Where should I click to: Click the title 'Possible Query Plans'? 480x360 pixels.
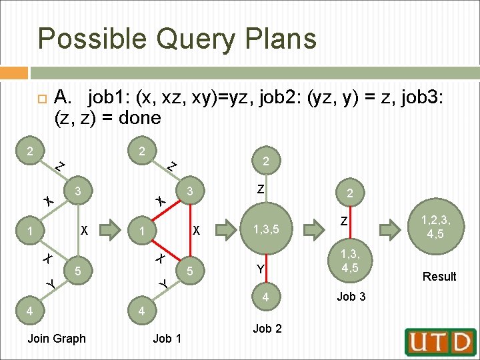point(177,38)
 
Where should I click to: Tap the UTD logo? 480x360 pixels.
point(441,342)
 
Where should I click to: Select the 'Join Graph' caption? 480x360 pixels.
point(57,339)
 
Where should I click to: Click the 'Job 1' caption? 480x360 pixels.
point(167,339)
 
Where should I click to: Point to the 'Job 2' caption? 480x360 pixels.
point(267,328)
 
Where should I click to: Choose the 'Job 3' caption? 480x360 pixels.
point(351,297)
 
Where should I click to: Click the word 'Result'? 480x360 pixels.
point(439,276)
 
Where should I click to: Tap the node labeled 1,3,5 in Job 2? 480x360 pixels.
point(266,231)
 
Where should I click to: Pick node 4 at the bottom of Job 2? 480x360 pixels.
point(266,297)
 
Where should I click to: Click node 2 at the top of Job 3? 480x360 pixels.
point(350,193)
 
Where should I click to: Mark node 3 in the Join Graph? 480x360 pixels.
point(78,191)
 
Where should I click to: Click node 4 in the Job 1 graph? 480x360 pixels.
point(140,311)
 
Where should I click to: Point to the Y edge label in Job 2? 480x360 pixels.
point(261,269)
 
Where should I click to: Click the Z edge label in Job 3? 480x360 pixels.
point(344,221)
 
